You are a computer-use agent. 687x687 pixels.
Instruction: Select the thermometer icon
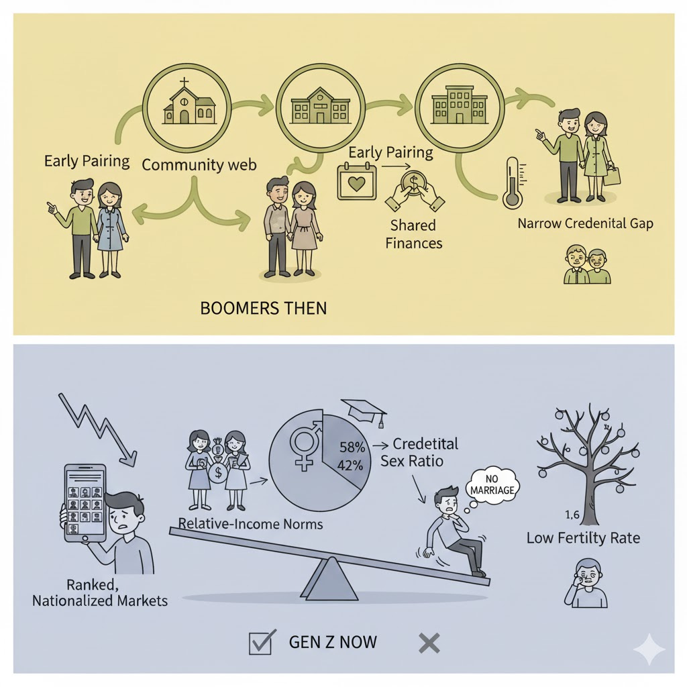(x=512, y=181)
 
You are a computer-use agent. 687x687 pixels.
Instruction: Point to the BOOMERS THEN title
(x=264, y=309)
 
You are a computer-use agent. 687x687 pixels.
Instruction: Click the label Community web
(x=199, y=164)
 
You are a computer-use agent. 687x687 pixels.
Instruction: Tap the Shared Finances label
(x=414, y=234)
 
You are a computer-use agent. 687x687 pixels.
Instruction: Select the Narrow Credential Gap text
(x=585, y=223)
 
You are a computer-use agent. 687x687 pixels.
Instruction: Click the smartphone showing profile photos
(x=85, y=503)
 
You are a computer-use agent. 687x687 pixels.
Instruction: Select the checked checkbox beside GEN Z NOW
(x=261, y=642)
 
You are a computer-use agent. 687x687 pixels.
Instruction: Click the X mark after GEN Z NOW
(x=429, y=643)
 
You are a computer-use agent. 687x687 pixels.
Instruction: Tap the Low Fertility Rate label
(x=583, y=537)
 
